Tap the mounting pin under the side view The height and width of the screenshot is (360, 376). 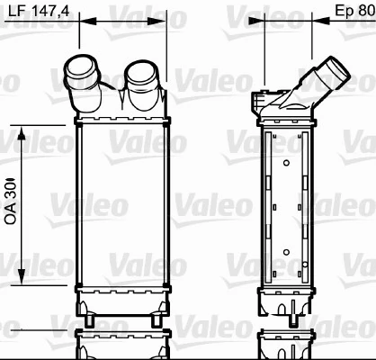tap(293, 315)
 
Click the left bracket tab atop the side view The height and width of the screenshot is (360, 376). tap(263, 93)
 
